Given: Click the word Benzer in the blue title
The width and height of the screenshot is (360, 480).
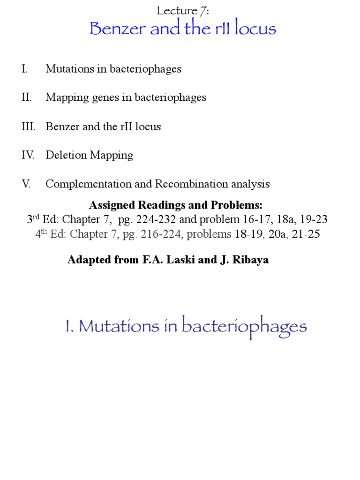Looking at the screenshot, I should click(x=114, y=29).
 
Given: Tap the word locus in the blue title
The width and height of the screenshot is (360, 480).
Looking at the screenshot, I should click(x=254, y=29).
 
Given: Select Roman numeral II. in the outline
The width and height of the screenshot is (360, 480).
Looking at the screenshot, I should click(x=26, y=97).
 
